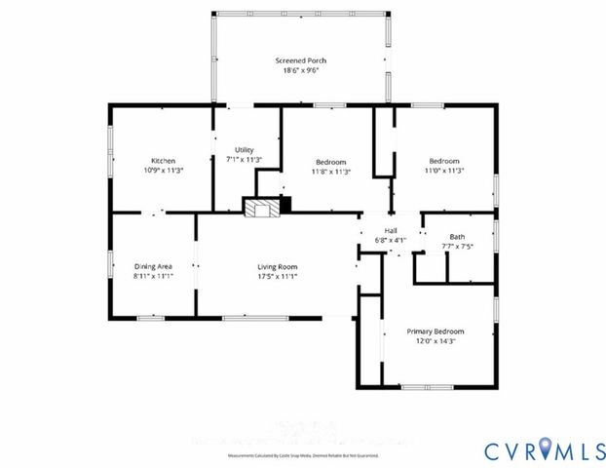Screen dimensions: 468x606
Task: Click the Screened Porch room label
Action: click(299, 60)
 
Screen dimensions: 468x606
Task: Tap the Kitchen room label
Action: click(163, 161)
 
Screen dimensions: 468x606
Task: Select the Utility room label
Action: click(244, 149)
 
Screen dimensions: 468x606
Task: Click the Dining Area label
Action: click(153, 266)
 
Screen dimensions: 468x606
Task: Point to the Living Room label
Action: click(277, 266)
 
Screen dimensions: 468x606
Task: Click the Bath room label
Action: click(457, 237)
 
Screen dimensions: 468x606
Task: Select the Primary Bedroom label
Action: click(436, 331)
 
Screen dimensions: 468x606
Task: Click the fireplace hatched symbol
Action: click(260, 208)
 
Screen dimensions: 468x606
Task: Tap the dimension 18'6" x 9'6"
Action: click(299, 70)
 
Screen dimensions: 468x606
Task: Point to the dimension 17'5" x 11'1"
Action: click(277, 276)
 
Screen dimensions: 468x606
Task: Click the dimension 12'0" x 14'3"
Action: click(436, 341)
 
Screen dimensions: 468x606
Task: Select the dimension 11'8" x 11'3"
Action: click(331, 171)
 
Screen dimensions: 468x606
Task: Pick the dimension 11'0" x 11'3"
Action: click(444, 171)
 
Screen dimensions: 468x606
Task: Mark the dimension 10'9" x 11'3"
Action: click(163, 171)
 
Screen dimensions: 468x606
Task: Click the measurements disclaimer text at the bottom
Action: click(302, 455)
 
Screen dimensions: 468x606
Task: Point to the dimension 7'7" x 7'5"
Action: click(457, 247)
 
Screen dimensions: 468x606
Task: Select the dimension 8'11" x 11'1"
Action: click(153, 276)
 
